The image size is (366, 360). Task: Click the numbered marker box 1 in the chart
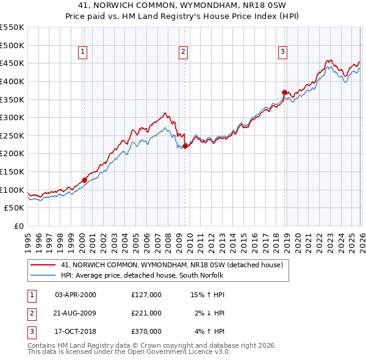pos(82,52)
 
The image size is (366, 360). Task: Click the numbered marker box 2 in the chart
pos(183,52)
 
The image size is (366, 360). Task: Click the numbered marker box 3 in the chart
pos(283,52)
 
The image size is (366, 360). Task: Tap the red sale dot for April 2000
pos(84,180)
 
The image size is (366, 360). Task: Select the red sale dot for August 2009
pos(185,146)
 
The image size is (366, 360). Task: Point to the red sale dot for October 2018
pos(284,92)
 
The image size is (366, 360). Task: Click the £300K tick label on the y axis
pos(12,117)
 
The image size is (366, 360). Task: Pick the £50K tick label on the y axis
pos(15,208)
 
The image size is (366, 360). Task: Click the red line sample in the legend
pos(42,265)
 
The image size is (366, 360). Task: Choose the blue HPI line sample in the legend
pos(42,276)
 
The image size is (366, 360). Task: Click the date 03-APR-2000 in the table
pos(76,295)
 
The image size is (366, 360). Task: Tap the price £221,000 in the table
pos(146,313)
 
